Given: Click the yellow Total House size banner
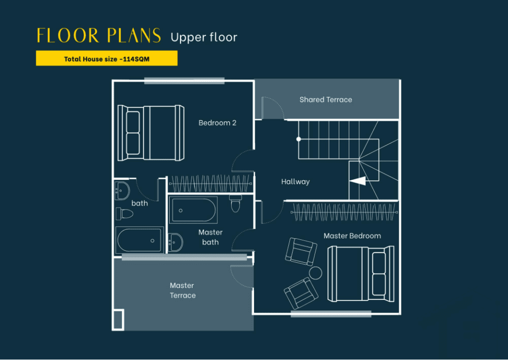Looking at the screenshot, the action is pyautogui.click(x=107, y=59).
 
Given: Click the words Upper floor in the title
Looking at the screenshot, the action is pyautogui.click(x=204, y=37).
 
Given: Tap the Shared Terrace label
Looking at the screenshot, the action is pyautogui.click(x=325, y=100).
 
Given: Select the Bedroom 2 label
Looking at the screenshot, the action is pyautogui.click(x=217, y=123).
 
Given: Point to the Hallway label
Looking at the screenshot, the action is pyautogui.click(x=296, y=182).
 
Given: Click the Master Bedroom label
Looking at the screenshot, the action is pyautogui.click(x=352, y=236).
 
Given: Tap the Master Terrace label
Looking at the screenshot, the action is pyautogui.click(x=183, y=290).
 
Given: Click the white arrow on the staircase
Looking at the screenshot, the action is pyautogui.click(x=358, y=181).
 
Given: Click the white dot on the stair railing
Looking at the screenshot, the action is pyautogui.click(x=298, y=139).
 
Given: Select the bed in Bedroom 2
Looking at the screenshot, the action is pyautogui.click(x=151, y=133).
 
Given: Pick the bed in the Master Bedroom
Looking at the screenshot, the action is pyautogui.click(x=361, y=274).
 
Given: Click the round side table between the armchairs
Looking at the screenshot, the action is pyautogui.click(x=315, y=273).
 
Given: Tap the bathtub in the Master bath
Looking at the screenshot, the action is pyautogui.click(x=193, y=210).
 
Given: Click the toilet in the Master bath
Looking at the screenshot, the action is pyautogui.click(x=236, y=204).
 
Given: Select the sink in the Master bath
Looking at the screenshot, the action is pyautogui.click(x=175, y=242).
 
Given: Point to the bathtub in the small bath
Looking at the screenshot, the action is pyautogui.click(x=139, y=240).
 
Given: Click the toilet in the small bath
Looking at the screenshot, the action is pyautogui.click(x=125, y=214).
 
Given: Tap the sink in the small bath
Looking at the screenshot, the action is pyautogui.click(x=122, y=191).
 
